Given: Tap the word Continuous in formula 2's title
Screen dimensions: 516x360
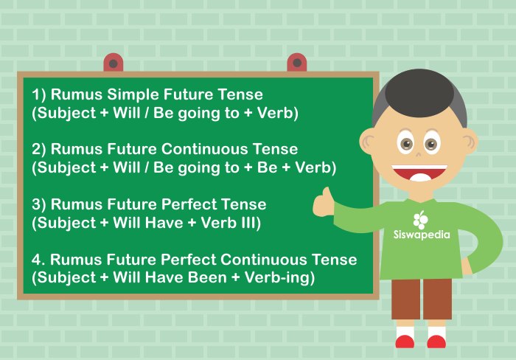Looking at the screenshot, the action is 204,149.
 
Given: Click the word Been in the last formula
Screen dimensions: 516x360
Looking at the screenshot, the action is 207,277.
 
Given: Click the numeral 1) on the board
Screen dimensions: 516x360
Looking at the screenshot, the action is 39,95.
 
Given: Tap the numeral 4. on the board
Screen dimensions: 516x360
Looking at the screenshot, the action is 38,260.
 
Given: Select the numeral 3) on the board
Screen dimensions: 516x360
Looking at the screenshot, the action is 39,205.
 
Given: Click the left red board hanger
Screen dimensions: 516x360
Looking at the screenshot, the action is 114,63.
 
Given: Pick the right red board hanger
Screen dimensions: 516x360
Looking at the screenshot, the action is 297,63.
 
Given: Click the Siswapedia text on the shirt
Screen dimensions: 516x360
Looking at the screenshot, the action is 422,235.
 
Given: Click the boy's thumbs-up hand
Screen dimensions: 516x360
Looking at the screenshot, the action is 323,203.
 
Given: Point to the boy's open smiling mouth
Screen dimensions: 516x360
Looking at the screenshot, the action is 419,173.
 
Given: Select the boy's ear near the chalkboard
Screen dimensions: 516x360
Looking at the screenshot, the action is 367,142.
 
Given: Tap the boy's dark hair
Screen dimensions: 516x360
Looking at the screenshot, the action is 419,94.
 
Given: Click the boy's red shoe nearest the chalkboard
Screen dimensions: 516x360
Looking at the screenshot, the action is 405,342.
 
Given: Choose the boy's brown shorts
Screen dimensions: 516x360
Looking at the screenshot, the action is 422,299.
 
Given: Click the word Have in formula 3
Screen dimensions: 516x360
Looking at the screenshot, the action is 164,223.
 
